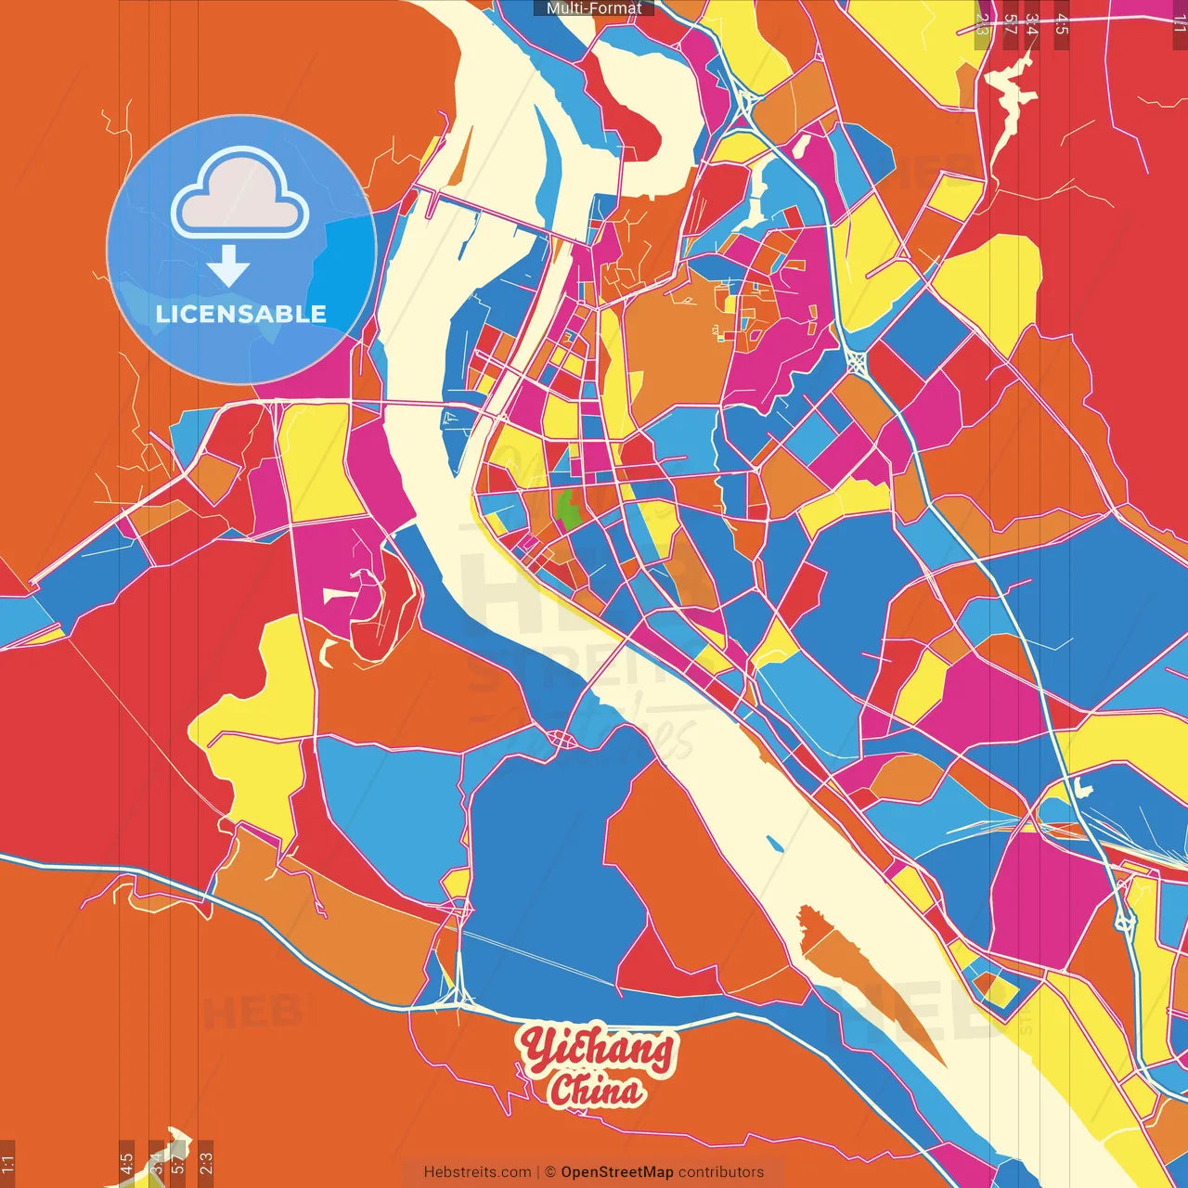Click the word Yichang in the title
pyautogui.click(x=597, y=1050)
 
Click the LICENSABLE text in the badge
pyautogui.click(x=241, y=314)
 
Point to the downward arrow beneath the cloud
pyautogui.click(x=228, y=265)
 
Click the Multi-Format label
pyautogui.click(x=594, y=8)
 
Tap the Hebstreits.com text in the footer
pyautogui.click(x=477, y=1172)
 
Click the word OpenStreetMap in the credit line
pyautogui.click(x=617, y=1172)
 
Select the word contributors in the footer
pyautogui.click(x=721, y=1172)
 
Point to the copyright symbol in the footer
pyautogui.click(x=549, y=1172)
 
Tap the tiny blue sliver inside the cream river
pyautogui.click(x=774, y=844)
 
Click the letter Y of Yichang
pyautogui.click(x=536, y=1047)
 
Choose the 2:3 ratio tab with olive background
pyautogui.click(x=982, y=24)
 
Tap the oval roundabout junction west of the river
pyautogui.click(x=562, y=739)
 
